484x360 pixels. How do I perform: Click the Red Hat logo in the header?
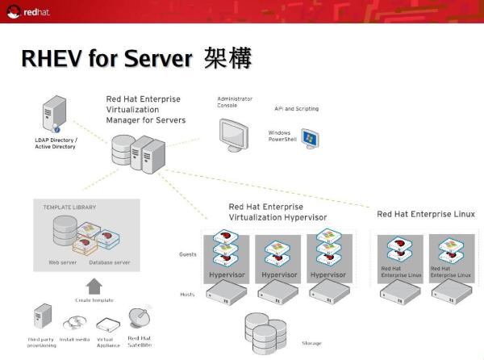point(25,12)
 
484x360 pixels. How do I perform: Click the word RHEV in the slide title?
point(50,59)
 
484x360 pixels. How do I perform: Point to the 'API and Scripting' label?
point(296,108)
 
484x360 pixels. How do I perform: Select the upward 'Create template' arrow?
point(94,286)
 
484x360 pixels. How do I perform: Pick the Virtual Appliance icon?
point(107,324)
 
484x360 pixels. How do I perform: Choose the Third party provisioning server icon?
point(42,318)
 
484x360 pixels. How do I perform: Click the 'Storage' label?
point(311,343)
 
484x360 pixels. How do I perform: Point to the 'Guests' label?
point(187,254)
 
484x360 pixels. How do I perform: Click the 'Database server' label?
point(111,262)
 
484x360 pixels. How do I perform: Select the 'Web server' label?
point(62,262)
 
